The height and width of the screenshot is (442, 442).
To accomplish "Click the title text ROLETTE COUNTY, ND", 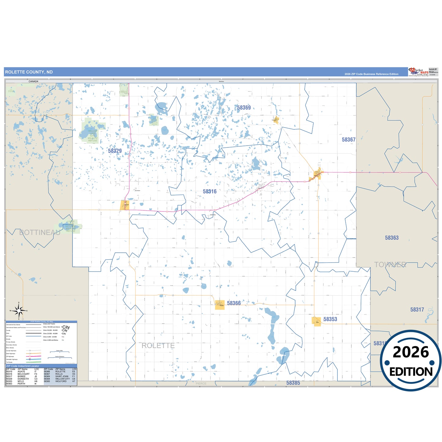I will click(29, 72).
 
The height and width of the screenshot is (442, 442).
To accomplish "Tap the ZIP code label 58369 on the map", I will click(244, 108).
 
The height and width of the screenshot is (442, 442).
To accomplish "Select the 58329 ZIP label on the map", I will click(115, 151).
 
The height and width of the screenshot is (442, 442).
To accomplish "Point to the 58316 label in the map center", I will click(210, 191).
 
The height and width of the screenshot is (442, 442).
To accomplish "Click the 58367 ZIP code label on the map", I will click(348, 140).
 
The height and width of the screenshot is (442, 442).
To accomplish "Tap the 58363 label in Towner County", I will click(392, 238).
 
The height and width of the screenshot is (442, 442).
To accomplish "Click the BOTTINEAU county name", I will click(40, 232).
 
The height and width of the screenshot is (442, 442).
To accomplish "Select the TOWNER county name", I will click(390, 265).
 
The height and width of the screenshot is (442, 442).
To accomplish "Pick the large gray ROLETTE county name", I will click(158, 346).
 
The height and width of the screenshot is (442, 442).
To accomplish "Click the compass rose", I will click(19, 311).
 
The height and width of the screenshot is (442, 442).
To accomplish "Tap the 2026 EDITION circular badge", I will click(410, 361).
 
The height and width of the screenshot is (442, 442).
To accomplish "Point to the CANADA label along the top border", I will click(33, 81).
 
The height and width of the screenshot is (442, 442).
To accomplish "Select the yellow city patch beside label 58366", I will click(220, 305).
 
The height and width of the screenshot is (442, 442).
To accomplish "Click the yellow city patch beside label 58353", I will click(316, 321).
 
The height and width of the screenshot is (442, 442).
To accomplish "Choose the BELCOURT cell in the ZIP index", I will click(24, 374).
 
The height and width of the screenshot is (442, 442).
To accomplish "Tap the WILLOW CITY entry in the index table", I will click(62, 379).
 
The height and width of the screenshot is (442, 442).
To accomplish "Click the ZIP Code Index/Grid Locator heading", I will click(23, 366).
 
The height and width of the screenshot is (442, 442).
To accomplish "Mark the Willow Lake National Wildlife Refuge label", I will click(92, 136).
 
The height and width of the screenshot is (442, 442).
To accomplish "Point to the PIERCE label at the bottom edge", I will click(201, 384).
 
